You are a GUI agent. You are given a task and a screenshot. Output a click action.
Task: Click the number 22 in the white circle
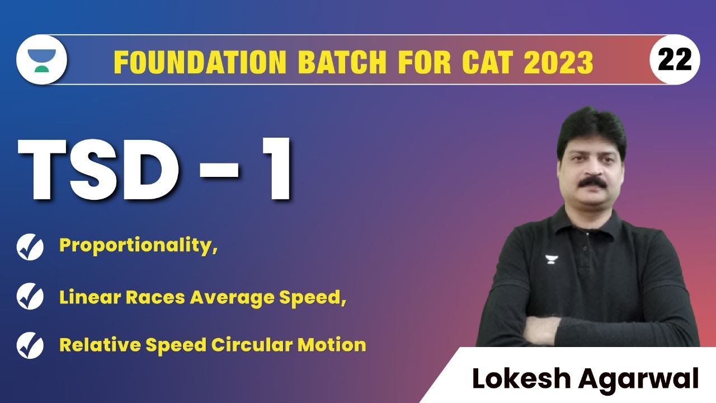675,59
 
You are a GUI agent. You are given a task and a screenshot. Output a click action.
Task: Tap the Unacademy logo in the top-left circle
42,59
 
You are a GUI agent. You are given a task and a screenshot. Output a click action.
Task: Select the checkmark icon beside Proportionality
30,247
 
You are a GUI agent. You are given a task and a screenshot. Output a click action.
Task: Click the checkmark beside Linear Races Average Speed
30,297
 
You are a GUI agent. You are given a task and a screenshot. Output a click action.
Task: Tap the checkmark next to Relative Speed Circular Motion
30,345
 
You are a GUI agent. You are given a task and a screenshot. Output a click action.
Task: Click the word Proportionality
137,246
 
